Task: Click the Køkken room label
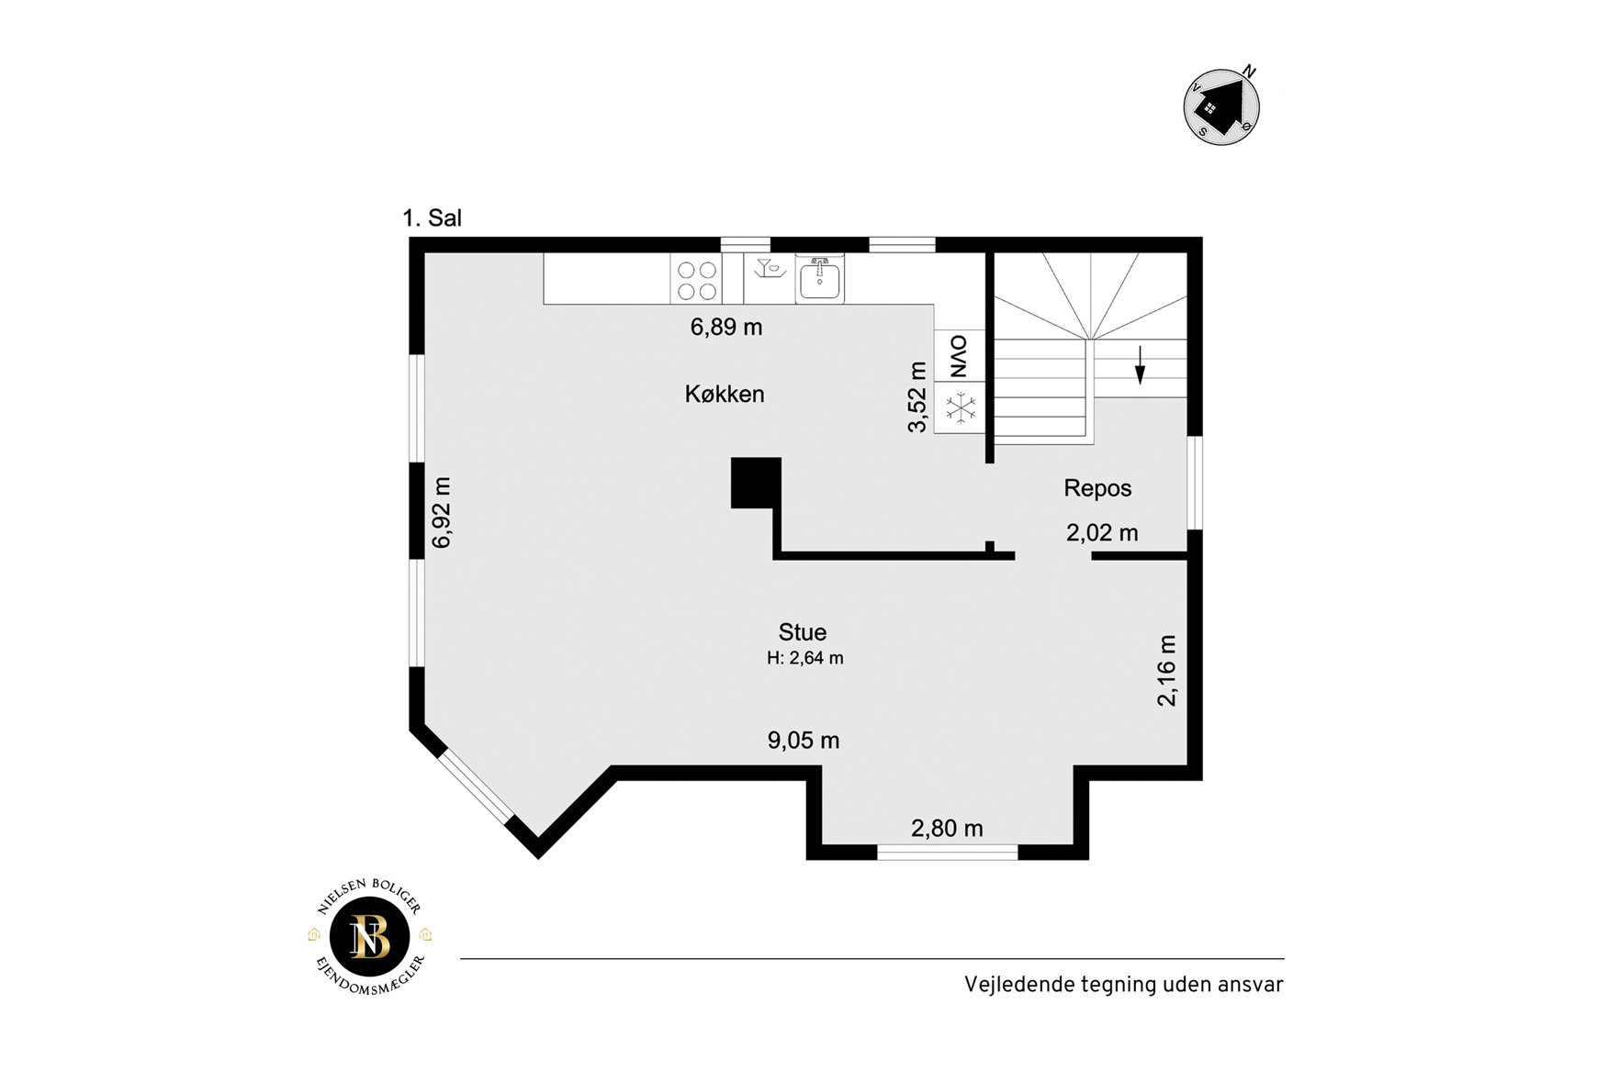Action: click(725, 394)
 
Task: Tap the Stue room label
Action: click(803, 632)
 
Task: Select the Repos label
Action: click(1097, 488)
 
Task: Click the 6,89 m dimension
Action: click(726, 327)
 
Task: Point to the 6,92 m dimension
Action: click(442, 512)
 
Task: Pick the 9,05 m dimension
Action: click(804, 741)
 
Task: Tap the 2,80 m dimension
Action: click(947, 829)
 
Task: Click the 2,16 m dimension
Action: click(1166, 670)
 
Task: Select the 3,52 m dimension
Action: click(917, 396)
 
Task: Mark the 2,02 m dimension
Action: click(1102, 532)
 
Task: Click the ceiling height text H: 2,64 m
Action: click(805, 658)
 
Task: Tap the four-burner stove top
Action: click(696, 280)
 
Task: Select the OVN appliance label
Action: click(959, 356)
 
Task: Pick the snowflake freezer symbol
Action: click(961, 407)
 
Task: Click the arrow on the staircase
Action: click(1140, 364)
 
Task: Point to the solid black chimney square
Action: click(756, 483)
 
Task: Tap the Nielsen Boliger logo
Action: click(370, 937)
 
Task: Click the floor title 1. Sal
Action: click(432, 218)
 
